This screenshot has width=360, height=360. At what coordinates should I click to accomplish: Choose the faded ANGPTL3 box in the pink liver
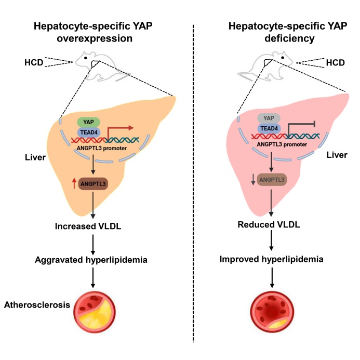pyautogui.click(x=272, y=180)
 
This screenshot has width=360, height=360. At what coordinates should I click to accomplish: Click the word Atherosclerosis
pyautogui.click(x=36, y=305)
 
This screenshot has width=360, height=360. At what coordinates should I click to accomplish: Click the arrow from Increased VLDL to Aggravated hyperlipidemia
pyautogui.click(x=93, y=243)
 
